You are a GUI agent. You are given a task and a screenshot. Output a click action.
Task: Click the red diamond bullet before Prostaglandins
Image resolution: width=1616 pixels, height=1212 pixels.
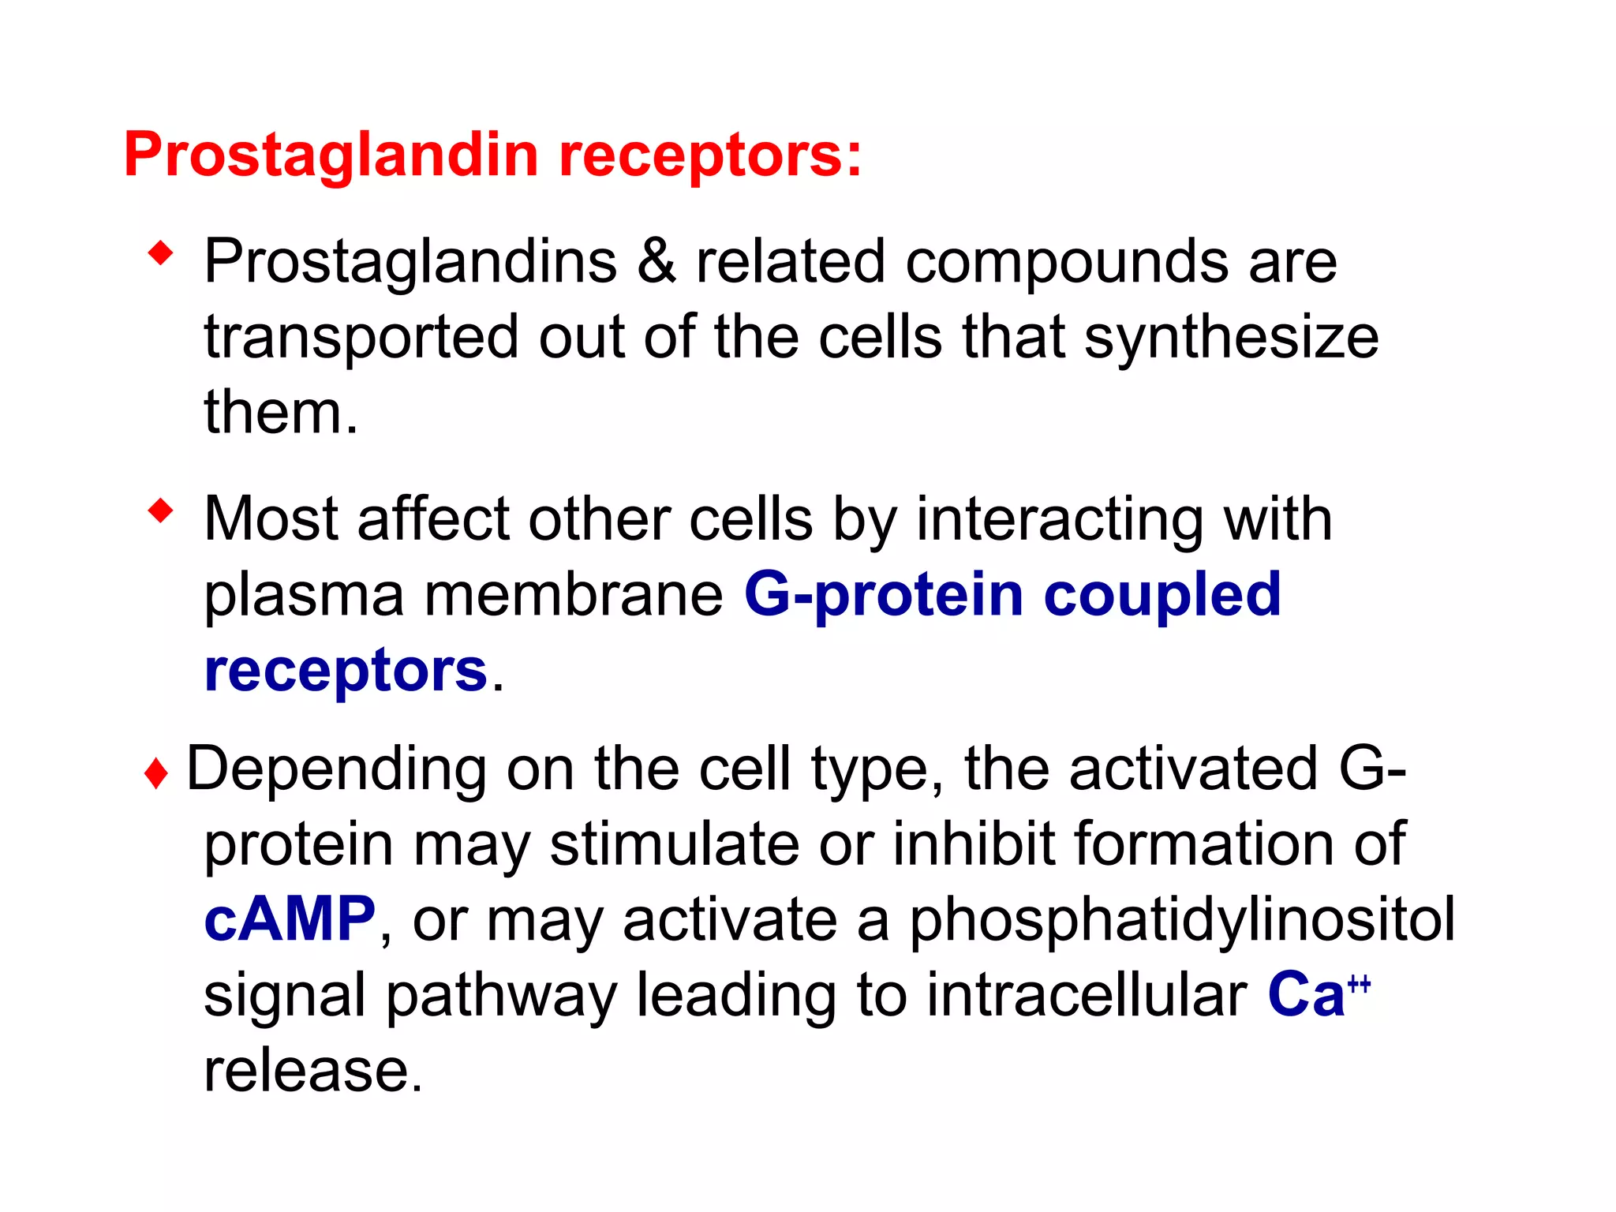160,254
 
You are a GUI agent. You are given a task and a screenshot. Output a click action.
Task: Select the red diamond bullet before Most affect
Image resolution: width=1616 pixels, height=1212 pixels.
160,511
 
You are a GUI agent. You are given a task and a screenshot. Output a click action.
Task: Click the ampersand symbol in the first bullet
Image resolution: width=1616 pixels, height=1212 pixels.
656,262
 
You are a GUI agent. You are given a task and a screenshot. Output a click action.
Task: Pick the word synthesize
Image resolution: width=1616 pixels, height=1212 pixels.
1231,338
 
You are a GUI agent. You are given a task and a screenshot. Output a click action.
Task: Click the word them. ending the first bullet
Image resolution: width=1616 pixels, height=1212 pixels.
280,413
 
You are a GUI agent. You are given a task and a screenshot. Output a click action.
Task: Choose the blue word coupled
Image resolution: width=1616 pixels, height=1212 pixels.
1162,595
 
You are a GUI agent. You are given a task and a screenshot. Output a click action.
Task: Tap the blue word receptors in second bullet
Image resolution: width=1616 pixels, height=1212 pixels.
346,671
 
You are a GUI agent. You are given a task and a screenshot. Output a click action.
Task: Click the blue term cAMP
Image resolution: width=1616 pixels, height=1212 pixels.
290,919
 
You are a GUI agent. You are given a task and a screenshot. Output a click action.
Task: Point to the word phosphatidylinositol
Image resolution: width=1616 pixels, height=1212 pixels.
1181,919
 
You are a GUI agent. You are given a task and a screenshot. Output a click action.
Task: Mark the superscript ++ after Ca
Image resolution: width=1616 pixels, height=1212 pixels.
1359,983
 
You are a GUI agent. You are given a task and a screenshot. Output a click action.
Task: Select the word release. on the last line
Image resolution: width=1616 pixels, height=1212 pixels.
313,1071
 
